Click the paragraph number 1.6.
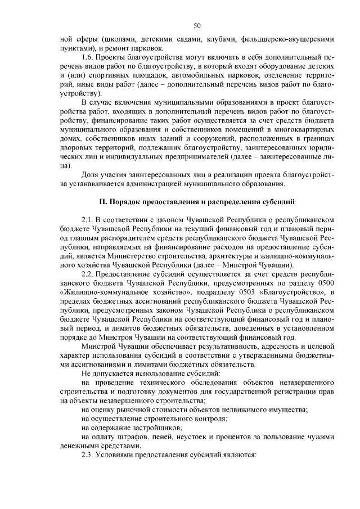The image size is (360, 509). tap(87, 57)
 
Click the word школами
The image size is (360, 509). tap(120, 40)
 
